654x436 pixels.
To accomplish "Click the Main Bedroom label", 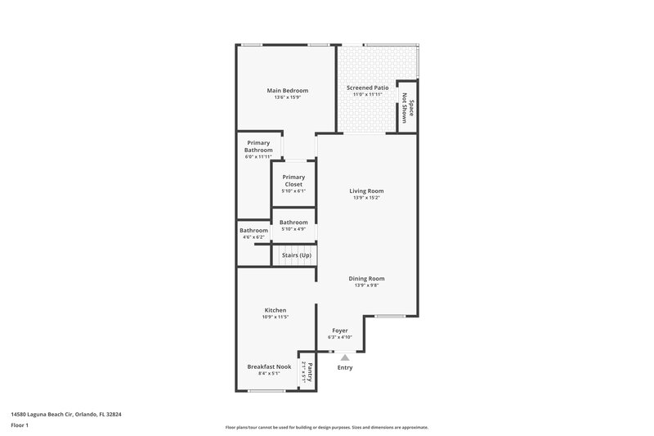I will pos(287,91).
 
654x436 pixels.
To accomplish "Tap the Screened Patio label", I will pos(367,87).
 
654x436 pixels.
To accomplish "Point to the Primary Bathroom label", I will pos(258,146).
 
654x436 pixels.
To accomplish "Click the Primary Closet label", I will pos(293,181).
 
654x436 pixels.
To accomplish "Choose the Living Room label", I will pos(366,191).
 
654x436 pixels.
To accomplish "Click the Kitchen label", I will pos(275,310).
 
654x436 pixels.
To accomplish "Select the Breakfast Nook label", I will pos(269,366).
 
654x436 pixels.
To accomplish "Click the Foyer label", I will pos(339,330).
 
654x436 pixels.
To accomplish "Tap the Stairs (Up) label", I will pos(296,255).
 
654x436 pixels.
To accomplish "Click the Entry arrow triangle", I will pos(345,357).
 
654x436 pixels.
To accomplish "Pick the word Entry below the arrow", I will pos(345,367).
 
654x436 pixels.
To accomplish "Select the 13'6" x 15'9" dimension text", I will pos(287,98).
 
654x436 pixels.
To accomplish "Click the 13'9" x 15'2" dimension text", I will pos(366,198).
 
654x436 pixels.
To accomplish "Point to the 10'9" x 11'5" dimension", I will pos(275,317).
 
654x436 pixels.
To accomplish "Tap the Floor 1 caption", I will pos(20,425).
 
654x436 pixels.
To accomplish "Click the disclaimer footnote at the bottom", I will pos(326,427).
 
